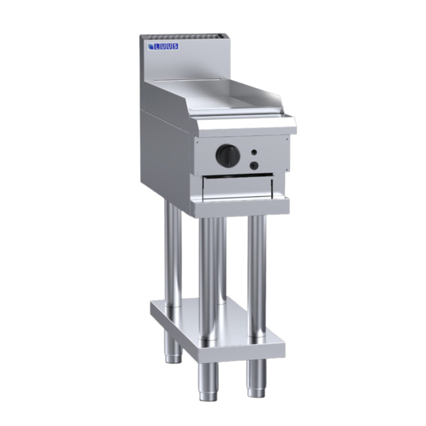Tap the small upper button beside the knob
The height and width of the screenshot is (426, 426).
click(x=254, y=152)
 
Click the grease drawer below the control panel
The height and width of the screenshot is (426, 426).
click(x=238, y=187)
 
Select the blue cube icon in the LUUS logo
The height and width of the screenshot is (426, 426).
click(x=151, y=47)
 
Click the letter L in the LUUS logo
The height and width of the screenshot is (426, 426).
click(x=157, y=47)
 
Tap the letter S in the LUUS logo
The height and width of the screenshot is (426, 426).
click(x=175, y=46)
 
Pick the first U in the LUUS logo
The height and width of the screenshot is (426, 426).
click(x=163, y=47)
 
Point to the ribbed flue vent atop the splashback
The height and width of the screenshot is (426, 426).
click(x=183, y=36)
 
